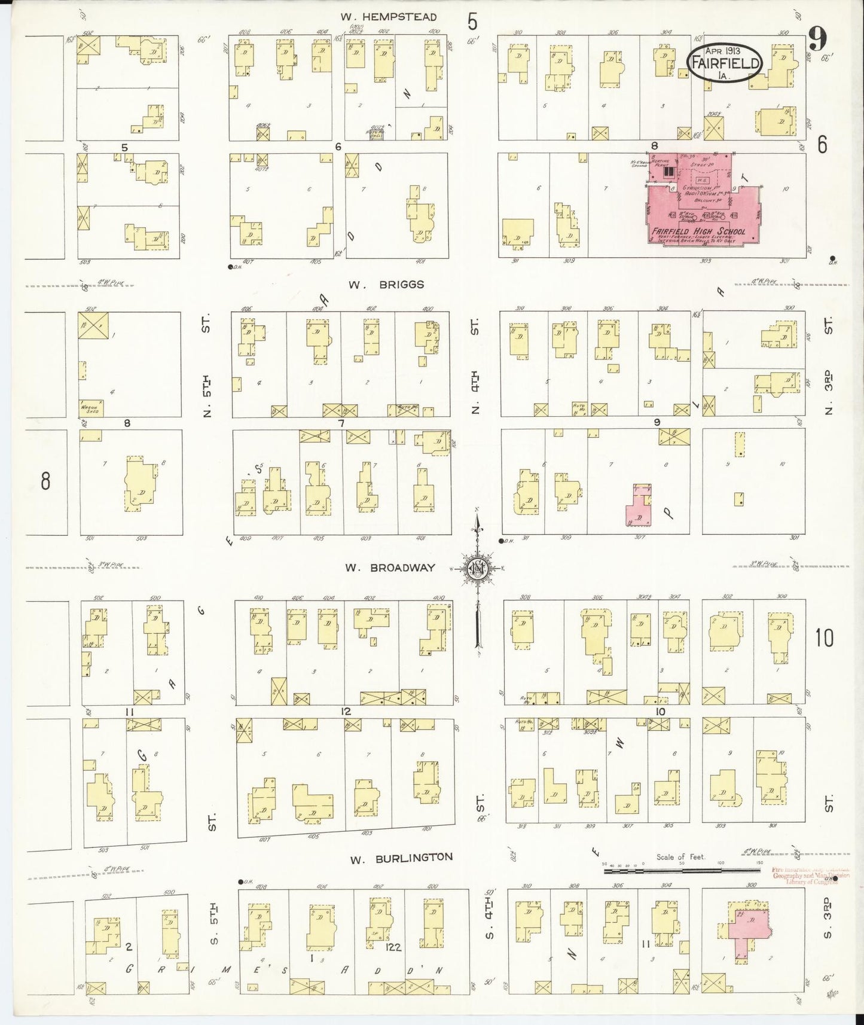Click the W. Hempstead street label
pyautogui.click(x=389, y=17)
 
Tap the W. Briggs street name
pyautogui.click(x=386, y=285)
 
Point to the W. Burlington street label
pyautogui.click(x=401, y=859)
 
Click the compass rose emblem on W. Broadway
pyautogui.click(x=477, y=569)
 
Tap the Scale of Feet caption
pyautogui.click(x=680, y=856)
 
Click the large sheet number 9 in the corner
pyautogui.click(x=817, y=41)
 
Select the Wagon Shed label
pyautogui.click(x=89, y=410)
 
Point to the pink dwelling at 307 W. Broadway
pyautogui.click(x=638, y=506)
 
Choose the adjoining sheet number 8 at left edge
pyautogui.click(x=45, y=481)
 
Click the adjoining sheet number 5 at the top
pyautogui.click(x=473, y=22)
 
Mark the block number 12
pyautogui.click(x=345, y=712)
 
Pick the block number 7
pyautogui.click(x=341, y=423)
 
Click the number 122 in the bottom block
pyautogui.click(x=393, y=947)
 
